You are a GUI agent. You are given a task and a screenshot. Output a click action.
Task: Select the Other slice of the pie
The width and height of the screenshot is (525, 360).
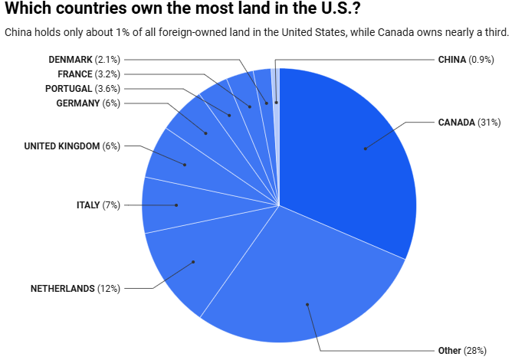tap(299, 283)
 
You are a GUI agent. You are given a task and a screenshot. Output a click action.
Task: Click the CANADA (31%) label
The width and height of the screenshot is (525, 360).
tap(469, 122)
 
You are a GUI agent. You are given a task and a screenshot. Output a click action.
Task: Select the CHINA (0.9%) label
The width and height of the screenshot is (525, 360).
tap(466, 59)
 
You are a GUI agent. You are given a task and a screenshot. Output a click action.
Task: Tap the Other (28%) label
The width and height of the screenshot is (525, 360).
tap(462, 350)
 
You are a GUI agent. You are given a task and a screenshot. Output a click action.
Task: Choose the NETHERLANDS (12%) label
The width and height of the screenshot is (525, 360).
tap(75, 288)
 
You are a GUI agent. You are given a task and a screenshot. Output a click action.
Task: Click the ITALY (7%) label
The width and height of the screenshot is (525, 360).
tap(98, 205)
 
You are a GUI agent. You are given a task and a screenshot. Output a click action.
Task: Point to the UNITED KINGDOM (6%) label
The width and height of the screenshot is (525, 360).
tap(72, 146)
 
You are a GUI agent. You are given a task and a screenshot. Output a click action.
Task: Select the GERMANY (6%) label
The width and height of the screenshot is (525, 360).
tap(88, 103)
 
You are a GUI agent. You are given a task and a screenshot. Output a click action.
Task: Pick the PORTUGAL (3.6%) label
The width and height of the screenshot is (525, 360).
tap(83, 88)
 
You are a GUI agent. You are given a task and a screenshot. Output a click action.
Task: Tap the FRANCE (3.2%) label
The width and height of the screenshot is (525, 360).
tap(89, 74)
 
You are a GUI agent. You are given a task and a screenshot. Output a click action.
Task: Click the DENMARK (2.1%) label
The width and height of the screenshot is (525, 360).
tap(84, 59)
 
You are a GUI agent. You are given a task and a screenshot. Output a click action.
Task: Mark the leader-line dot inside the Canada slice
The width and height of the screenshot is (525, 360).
tap(365, 148)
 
